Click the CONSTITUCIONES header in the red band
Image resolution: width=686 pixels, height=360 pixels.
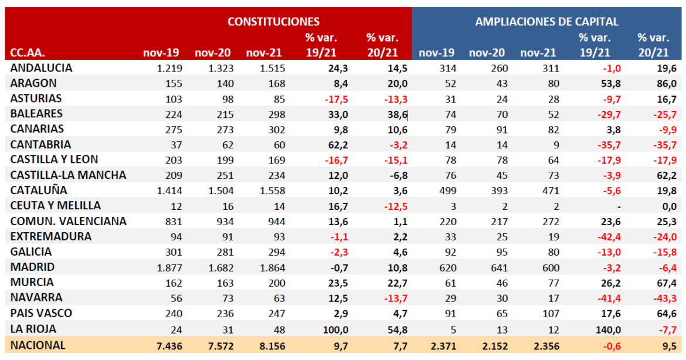coord(273,22)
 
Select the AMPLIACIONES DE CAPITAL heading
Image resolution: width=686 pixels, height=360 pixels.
coord(546,22)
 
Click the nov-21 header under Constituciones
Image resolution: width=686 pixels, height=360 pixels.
coord(264,53)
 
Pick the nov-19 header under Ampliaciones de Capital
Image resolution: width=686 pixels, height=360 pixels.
coord(434,53)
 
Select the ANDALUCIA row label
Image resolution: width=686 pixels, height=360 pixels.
coord(41,68)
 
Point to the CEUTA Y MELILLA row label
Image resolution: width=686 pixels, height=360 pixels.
coord(55,206)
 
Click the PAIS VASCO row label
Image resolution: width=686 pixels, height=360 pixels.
coord(41,313)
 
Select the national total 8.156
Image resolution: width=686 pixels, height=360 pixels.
coord(271,345)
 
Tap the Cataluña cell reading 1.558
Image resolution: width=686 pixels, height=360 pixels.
coord(271,191)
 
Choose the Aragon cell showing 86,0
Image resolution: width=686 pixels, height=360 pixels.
coord(658,83)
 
